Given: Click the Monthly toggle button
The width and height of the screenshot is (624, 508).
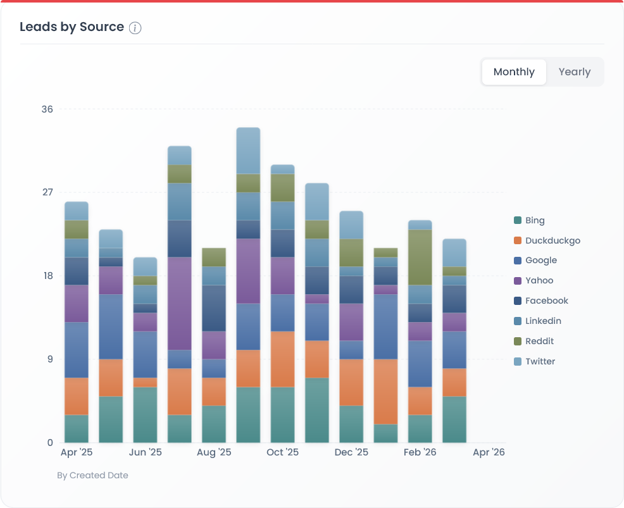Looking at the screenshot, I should coord(514,72).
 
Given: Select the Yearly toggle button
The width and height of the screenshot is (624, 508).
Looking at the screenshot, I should coord(574,72).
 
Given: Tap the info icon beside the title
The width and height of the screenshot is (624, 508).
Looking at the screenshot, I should coord(135,28).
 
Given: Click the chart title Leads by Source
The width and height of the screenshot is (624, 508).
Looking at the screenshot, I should coord(72,27).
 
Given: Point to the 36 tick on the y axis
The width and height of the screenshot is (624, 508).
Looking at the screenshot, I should coord(47,109).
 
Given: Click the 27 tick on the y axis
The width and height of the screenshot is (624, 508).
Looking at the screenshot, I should coord(47,192).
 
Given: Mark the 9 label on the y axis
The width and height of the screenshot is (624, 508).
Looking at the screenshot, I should coord(50,359).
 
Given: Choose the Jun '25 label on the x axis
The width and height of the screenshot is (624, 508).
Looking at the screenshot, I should coord(146,452).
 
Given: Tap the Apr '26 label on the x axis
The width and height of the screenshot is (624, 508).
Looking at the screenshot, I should coord(489,452).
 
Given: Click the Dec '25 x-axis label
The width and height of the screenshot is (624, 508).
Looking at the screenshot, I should coord(351,452).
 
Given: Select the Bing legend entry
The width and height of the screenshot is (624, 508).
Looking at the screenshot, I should coord(534,221).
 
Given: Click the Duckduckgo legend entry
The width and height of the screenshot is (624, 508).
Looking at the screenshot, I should coord(552,240).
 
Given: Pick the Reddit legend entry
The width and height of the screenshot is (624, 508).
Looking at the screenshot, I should coord(539,342).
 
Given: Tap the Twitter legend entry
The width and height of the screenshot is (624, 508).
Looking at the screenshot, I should coord(540,362).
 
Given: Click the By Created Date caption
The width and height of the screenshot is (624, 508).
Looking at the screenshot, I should coord(92,475).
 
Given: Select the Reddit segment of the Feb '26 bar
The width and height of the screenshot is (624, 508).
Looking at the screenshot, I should coord(420,257).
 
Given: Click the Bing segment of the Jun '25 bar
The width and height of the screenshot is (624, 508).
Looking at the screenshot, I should coord(145,414).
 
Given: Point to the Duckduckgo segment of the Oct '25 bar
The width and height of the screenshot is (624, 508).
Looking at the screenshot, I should coord(282,359).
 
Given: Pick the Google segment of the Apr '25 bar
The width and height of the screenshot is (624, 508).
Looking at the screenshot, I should coord(77,350).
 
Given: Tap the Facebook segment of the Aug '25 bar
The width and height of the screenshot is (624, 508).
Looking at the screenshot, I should coord(214,308).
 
